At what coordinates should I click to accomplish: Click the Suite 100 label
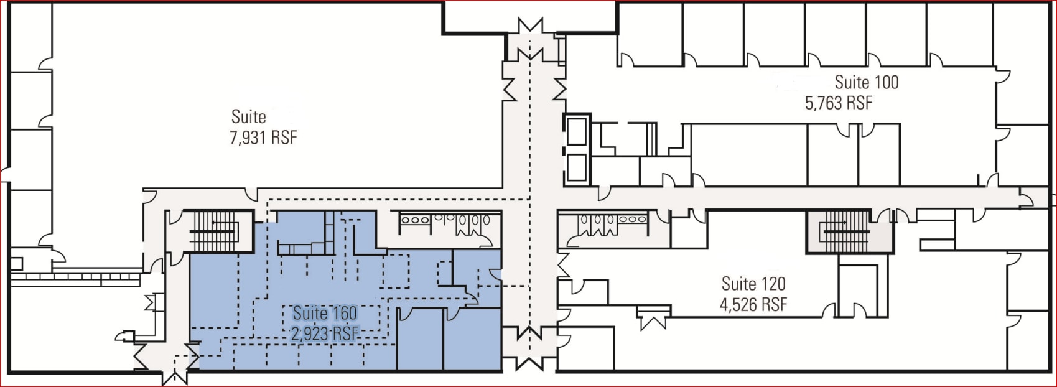click(867, 82)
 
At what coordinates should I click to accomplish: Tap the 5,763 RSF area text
click(839, 103)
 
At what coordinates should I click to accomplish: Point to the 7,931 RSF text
click(263, 138)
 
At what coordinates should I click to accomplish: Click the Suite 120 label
click(753, 284)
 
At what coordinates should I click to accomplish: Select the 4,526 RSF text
click(753, 304)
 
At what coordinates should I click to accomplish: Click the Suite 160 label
click(325, 313)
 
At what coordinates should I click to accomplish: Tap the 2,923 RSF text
click(325, 333)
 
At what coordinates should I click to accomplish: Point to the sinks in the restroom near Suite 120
click(633, 219)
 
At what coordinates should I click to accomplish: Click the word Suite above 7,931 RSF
click(249, 116)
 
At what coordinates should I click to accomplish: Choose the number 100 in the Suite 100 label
click(885, 82)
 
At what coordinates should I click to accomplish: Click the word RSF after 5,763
click(859, 103)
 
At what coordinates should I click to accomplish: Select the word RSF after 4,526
click(775, 304)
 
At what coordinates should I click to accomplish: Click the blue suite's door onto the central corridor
click(495, 274)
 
